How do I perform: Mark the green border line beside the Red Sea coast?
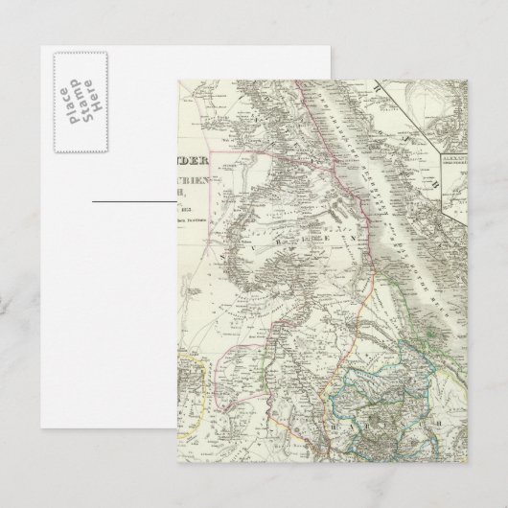[383, 278]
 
